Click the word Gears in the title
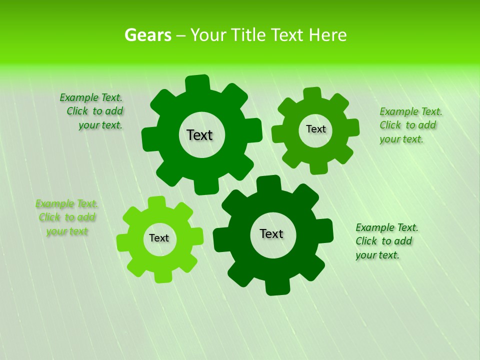(x=147, y=35)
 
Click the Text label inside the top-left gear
(x=200, y=135)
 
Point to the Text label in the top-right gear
(x=315, y=129)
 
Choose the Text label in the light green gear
(x=159, y=238)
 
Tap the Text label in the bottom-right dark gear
(x=271, y=233)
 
